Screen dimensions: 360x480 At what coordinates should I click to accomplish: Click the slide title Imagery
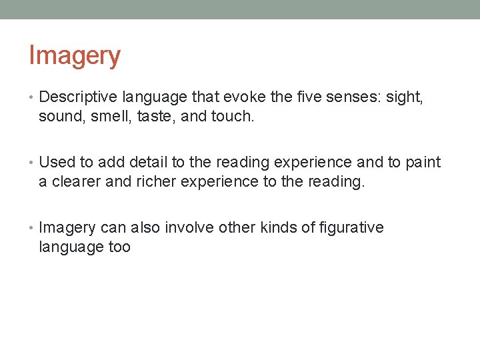pyautogui.click(x=74, y=56)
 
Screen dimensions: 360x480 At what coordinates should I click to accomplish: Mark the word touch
pyautogui.click(x=233, y=117)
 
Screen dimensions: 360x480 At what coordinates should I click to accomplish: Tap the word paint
pyautogui.click(x=421, y=163)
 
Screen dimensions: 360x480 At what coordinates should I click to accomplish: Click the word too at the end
pyautogui.click(x=119, y=247)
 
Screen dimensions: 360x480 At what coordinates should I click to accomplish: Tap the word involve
pyautogui.click(x=186, y=228)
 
